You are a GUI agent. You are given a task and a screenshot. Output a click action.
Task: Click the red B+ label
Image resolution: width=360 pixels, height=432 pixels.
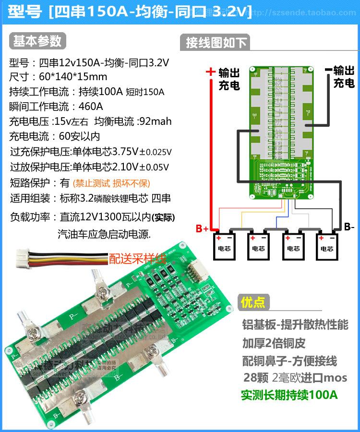point(202,229)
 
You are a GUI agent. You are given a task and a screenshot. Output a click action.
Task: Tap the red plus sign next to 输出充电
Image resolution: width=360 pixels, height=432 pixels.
point(210,72)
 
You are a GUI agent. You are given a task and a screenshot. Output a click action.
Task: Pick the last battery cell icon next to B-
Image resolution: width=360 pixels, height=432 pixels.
point(327,245)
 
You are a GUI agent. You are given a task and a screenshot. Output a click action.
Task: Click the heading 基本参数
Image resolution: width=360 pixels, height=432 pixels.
point(37,41)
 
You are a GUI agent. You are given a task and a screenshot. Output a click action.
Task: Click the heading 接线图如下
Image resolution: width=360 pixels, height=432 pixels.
point(216,43)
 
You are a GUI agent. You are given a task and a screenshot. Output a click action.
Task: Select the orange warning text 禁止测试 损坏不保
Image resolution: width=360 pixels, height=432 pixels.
point(111,183)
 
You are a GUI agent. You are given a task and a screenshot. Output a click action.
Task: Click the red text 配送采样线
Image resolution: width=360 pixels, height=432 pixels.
point(137,259)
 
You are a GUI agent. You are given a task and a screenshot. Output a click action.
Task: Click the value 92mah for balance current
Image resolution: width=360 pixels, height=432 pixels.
point(154,121)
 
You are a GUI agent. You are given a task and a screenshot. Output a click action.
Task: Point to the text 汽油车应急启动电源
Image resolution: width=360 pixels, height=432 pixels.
point(104,234)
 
